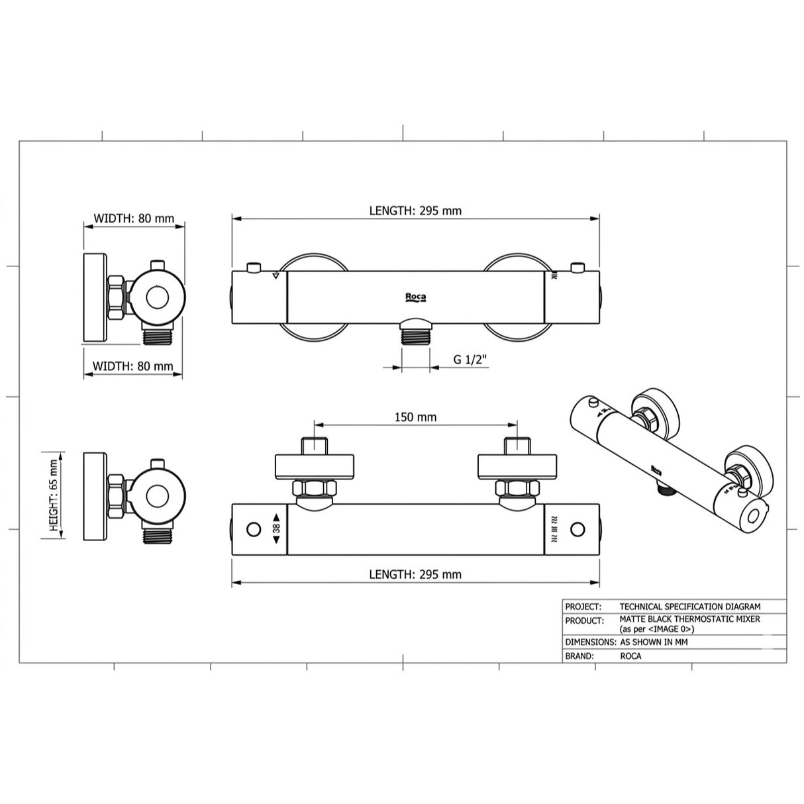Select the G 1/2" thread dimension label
pos(470,360)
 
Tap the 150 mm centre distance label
pos(415,417)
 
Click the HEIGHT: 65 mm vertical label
pos(53,496)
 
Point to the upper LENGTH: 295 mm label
pos(415,211)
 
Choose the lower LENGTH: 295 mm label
pos(415,574)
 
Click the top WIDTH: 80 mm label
pos(134,218)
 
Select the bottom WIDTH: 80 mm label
pos(132,366)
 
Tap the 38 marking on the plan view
pos(276,529)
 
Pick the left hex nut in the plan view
pos(315,489)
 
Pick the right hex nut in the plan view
pos(517,489)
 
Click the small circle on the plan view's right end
pos(578,529)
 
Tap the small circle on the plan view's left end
pos(254,529)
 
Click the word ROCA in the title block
pos(630,656)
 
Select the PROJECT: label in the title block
pos(583,606)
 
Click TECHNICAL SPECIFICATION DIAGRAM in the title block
pos(689,606)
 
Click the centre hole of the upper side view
pos(157,297)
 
